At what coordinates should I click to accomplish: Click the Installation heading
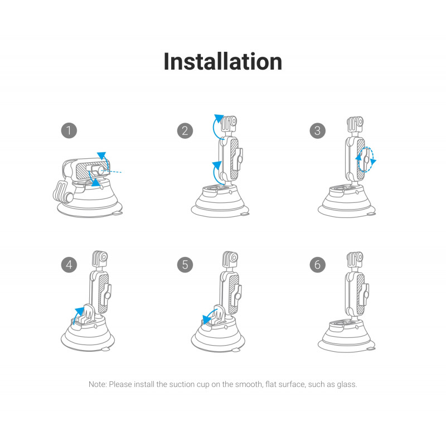pyautogui.click(x=222, y=61)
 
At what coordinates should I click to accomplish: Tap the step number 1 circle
pyautogui.click(x=69, y=130)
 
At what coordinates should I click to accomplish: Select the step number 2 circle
pyautogui.click(x=185, y=130)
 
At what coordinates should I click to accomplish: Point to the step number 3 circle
pyautogui.click(x=317, y=130)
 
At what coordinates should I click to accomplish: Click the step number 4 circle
pyautogui.click(x=69, y=264)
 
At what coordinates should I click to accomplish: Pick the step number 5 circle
pyautogui.click(x=185, y=264)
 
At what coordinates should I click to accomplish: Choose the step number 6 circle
pyautogui.click(x=317, y=264)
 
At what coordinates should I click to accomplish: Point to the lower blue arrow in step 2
pyautogui.click(x=216, y=173)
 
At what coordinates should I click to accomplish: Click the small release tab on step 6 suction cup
pyautogui.click(x=371, y=349)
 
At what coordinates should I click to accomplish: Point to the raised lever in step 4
pyautogui.click(x=89, y=314)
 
